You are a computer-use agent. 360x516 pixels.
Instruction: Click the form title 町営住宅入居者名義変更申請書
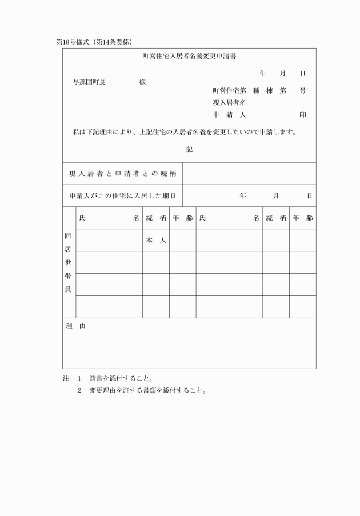(189, 57)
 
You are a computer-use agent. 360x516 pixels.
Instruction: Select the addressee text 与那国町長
(89, 82)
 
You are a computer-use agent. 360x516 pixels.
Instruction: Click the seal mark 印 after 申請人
(302, 115)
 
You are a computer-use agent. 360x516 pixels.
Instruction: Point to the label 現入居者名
(229, 103)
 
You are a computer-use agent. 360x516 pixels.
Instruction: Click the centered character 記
(189, 150)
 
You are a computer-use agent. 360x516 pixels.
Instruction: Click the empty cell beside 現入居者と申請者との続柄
(249, 173)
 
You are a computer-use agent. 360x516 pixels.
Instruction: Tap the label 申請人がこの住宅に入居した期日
(122, 195)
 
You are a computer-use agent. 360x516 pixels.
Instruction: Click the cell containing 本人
(155, 241)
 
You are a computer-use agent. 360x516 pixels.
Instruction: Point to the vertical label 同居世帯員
(69, 262)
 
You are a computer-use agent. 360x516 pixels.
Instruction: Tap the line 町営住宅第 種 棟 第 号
(259, 91)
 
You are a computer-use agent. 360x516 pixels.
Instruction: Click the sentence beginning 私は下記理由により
(184, 133)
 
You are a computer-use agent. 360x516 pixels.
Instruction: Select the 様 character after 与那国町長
(142, 82)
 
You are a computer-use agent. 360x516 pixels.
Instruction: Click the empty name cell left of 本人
(109, 241)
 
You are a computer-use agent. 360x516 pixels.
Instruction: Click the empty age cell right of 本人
(183, 241)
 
